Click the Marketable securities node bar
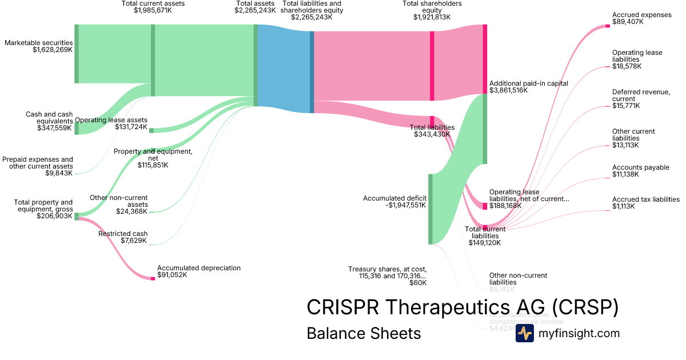(x=77, y=54)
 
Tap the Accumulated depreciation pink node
(x=153, y=278)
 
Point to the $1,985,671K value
(x=153, y=10)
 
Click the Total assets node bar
(x=256, y=65)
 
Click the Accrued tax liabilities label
(x=645, y=199)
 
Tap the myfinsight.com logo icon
(x=524, y=333)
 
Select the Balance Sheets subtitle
(x=364, y=333)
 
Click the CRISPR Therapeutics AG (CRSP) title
(x=462, y=307)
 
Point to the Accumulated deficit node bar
(x=430, y=209)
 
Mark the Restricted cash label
(x=122, y=234)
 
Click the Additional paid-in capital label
(x=528, y=83)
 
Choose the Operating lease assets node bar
(x=151, y=130)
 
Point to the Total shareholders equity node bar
(x=432, y=65)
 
